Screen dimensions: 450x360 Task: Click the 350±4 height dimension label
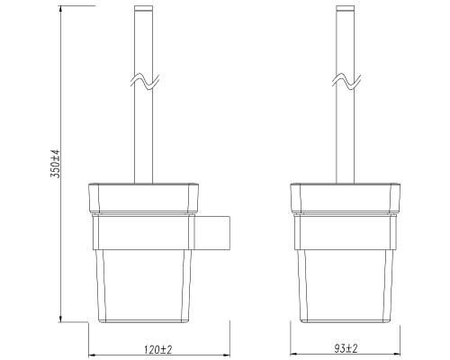56,164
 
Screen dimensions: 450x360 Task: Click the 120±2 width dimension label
158,349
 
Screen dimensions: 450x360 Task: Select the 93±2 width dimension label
346,348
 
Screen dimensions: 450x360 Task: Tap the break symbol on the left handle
144,81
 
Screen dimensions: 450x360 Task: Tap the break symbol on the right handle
346,81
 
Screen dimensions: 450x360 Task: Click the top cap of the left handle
143,8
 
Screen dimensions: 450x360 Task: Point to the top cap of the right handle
346,8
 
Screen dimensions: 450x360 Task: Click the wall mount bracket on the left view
212,232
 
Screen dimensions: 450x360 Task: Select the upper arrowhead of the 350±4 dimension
61,9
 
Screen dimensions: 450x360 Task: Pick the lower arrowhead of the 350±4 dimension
61,319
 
